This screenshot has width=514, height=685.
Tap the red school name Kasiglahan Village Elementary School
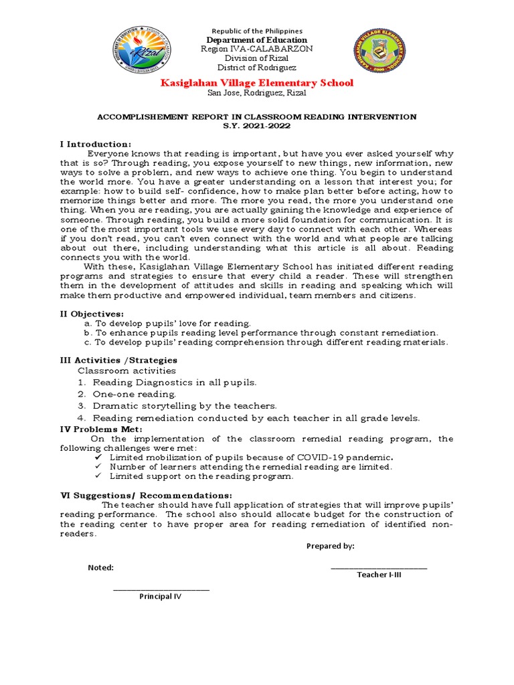pos(257,82)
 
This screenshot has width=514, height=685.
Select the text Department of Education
pos(257,40)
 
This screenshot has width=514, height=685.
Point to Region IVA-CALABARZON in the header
pos(257,49)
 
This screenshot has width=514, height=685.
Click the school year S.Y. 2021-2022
pos(257,125)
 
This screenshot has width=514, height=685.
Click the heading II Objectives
pos(92,312)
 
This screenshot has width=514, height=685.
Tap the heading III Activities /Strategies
pos(118,360)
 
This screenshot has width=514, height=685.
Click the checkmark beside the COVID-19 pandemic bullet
pos(98,456)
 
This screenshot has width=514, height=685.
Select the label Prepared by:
pos(330,546)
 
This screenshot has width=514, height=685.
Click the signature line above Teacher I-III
pos(379,568)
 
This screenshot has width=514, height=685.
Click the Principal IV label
pos(160,596)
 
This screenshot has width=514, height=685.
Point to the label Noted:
pos(100,568)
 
